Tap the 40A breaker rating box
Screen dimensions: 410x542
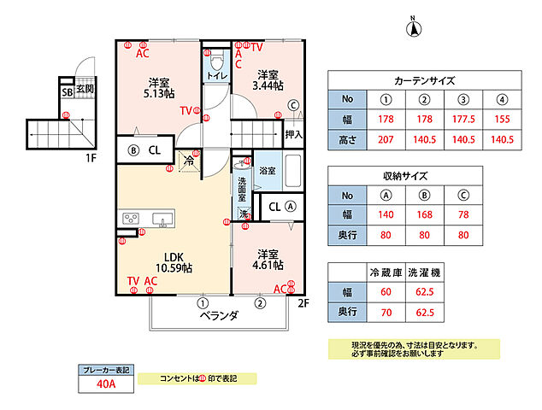pyautogui.click(x=106, y=384)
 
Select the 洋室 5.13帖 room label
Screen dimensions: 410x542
pyautogui.click(x=157, y=87)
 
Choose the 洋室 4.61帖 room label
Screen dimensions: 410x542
pyautogui.click(x=268, y=259)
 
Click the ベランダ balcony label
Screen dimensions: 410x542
pyautogui.click(x=219, y=316)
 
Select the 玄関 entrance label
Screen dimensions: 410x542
pyautogui.click(x=84, y=88)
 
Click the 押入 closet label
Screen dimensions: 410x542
pyautogui.click(x=293, y=134)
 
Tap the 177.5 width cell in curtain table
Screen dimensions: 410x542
pyautogui.click(x=458, y=120)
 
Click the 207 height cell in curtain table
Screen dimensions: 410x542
pyautogui.click(x=385, y=138)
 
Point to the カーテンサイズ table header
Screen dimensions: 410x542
pyautogui.click(x=424, y=81)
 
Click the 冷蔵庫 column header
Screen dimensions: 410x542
pyautogui.click(x=384, y=272)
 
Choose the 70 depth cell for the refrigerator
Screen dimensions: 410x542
pyautogui.click(x=384, y=313)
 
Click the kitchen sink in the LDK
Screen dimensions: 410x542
pyautogui.click(x=162, y=220)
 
